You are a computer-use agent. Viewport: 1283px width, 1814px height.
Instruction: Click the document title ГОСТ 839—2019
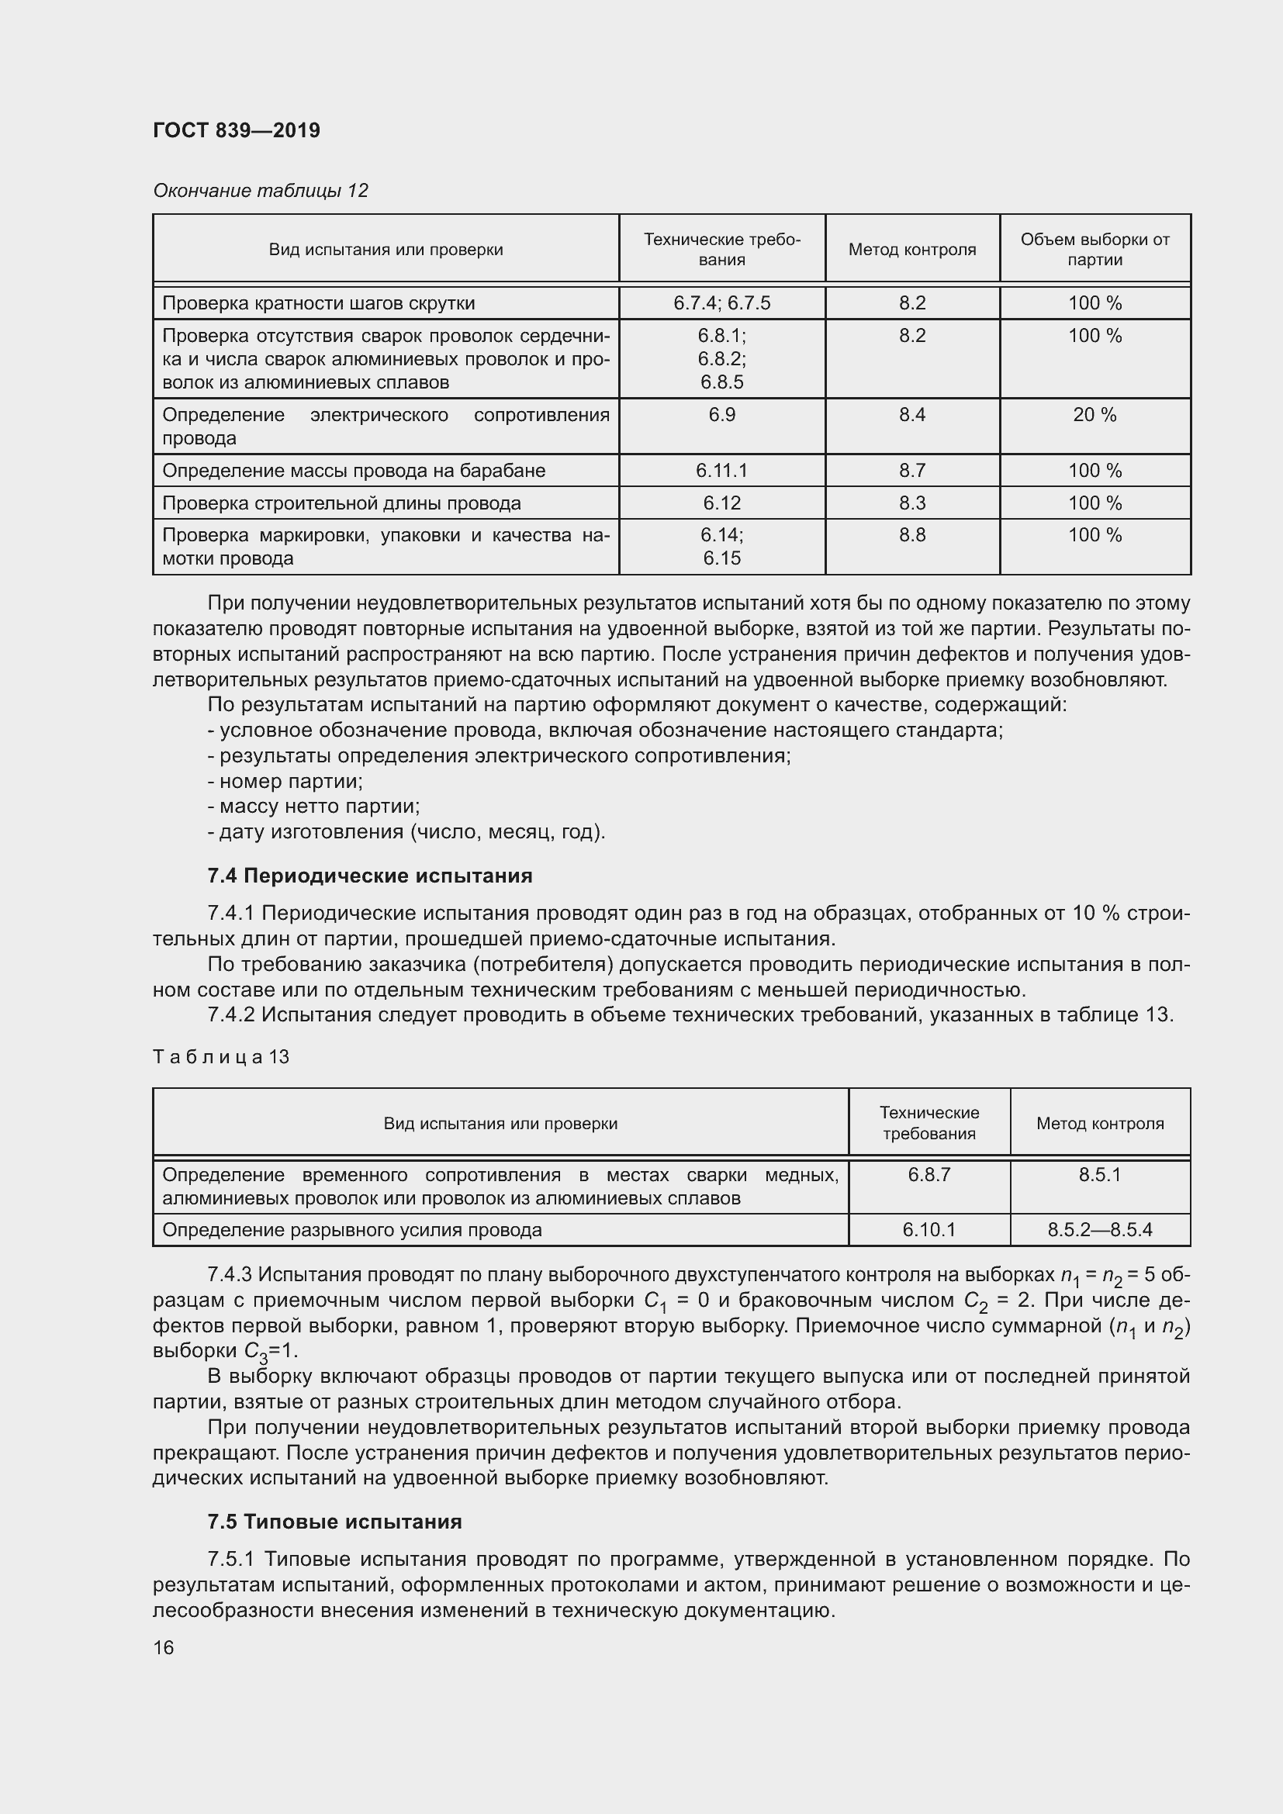[x=237, y=130]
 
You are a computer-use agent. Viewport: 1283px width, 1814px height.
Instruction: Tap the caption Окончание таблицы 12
[x=261, y=191]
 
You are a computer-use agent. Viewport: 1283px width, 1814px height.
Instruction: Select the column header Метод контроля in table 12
[x=911, y=250]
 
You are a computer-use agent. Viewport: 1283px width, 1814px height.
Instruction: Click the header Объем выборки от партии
[x=1095, y=250]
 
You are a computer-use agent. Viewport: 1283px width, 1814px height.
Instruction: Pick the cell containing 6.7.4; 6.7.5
[x=721, y=303]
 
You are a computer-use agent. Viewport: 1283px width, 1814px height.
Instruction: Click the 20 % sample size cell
[x=1095, y=416]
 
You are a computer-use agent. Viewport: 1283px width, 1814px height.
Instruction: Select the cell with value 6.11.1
[x=721, y=471]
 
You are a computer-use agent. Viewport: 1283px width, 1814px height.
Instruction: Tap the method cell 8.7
[x=911, y=471]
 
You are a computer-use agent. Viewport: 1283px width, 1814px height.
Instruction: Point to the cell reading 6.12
[x=721, y=503]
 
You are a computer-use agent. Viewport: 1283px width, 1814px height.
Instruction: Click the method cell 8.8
[x=911, y=536]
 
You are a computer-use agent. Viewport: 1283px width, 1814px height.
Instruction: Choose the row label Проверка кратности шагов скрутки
[x=318, y=303]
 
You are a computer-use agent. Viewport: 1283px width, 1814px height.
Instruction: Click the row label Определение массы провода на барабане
[x=354, y=471]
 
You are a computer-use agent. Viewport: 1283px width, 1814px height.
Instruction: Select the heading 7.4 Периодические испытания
[x=370, y=876]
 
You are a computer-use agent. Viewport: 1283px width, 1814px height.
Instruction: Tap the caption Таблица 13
[x=221, y=1057]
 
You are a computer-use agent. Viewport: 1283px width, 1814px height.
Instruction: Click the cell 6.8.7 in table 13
[x=929, y=1175]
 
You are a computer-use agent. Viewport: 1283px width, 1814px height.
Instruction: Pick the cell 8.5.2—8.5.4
[x=1100, y=1230]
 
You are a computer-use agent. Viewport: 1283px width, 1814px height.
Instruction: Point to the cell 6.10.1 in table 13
[x=929, y=1230]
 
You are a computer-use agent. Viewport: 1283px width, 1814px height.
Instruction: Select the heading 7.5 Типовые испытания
[x=335, y=1522]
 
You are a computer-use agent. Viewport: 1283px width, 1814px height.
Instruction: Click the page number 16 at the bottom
[x=164, y=1648]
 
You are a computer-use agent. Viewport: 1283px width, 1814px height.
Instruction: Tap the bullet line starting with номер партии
[x=286, y=782]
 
